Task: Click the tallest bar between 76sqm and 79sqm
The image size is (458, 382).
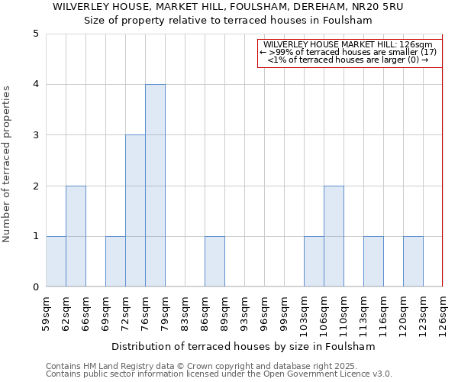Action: click(x=155, y=186)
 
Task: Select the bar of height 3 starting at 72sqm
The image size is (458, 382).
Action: click(x=135, y=211)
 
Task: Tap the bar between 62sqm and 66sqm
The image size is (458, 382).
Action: click(x=76, y=236)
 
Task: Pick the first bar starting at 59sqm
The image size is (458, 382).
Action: click(x=56, y=261)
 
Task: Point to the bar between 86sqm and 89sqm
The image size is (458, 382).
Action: click(x=214, y=261)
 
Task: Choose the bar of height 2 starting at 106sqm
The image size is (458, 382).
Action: click(x=334, y=236)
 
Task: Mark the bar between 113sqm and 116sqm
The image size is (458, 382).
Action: click(x=373, y=261)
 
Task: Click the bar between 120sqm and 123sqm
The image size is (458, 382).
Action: click(x=413, y=261)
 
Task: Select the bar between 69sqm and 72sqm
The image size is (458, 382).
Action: click(x=115, y=261)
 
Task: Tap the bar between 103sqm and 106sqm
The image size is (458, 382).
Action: click(x=314, y=261)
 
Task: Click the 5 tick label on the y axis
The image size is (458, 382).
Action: click(x=36, y=34)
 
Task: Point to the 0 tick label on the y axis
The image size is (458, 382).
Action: click(x=36, y=287)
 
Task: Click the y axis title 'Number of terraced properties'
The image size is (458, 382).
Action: click(x=7, y=164)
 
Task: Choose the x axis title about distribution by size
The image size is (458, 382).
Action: click(x=244, y=347)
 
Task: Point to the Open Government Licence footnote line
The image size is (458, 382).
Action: click(x=219, y=374)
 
